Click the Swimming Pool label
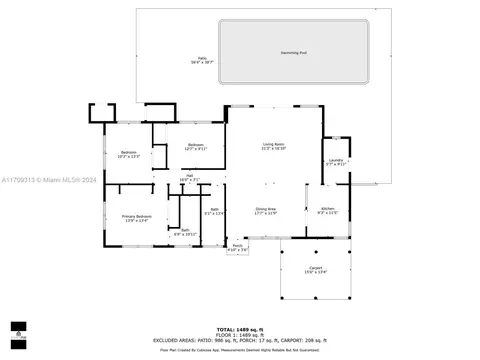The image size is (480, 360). coord(293,52)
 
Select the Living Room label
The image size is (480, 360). coord(274,146)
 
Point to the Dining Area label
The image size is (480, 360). coord(265,211)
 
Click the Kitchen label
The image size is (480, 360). coord(328,211)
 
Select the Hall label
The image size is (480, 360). coord(189,178)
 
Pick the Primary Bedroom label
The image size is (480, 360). coord(135,218)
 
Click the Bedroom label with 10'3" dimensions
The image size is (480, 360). coord(129,154)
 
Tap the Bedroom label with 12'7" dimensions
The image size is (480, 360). coord(195,146)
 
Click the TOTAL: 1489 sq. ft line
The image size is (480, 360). coord(240,328)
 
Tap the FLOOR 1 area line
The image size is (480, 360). coord(240,334)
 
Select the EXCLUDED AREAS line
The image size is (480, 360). coord(240,340)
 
